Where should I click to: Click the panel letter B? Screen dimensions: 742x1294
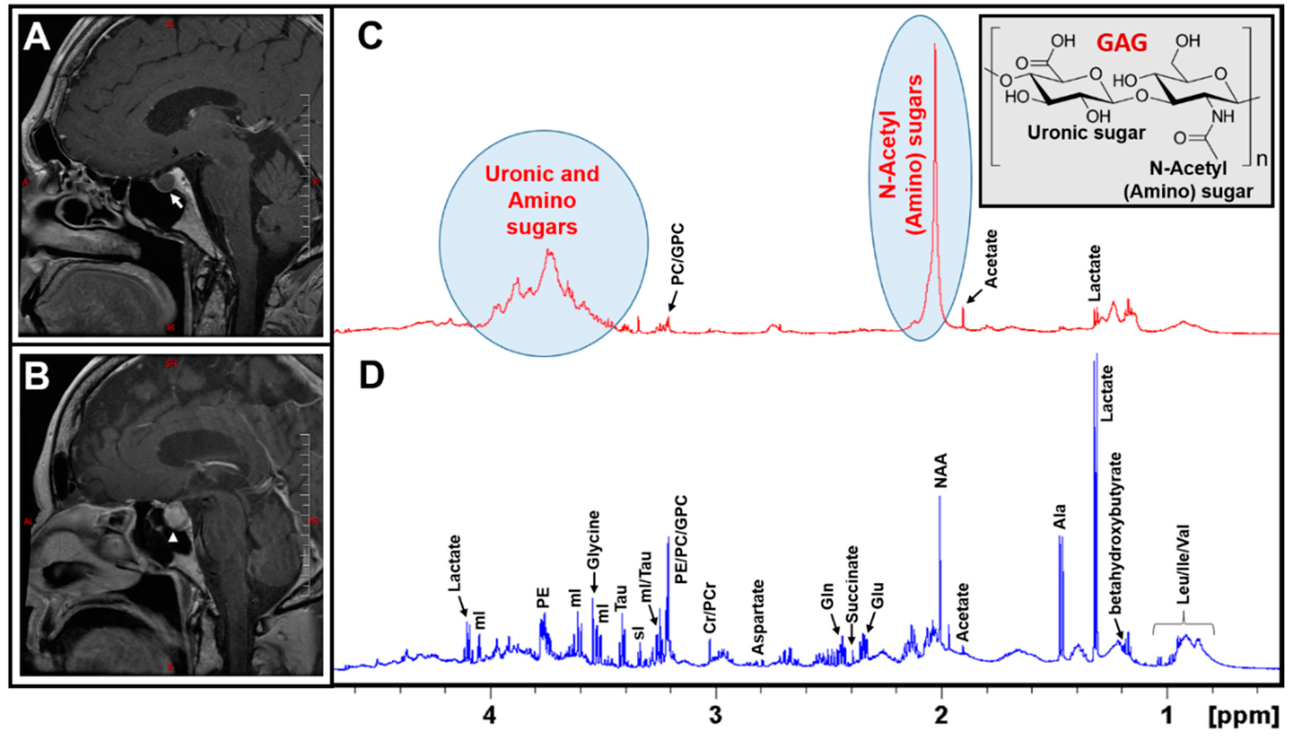click(37, 376)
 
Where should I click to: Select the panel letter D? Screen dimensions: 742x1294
click(372, 376)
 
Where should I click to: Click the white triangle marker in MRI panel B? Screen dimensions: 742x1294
click(173, 538)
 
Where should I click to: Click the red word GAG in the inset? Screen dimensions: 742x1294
click(1122, 43)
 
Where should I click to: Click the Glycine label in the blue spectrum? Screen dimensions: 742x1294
click(593, 540)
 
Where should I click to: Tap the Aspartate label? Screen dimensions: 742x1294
click(759, 617)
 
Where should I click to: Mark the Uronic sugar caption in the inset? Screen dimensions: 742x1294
click(1086, 133)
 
